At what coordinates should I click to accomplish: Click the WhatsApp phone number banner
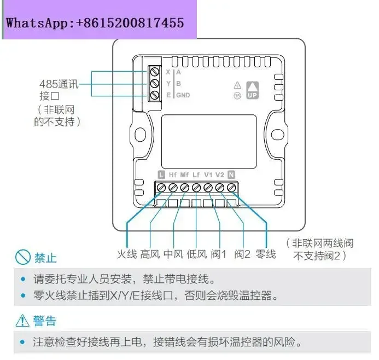coord(96,23)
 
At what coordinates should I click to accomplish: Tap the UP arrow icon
coord(252,89)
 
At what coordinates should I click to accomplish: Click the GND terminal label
coord(183,95)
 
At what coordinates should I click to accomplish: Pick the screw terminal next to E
coord(154,95)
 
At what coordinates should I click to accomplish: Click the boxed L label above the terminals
coord(161,175)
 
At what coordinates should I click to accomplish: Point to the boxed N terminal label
coord(231,175)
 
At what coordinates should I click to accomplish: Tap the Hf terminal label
coord(172,175)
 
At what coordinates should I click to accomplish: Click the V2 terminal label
coord(219,175)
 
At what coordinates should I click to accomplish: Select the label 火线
coord(126,254)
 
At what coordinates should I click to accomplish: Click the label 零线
coord(266,254)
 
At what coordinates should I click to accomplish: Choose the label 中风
coord(174,254)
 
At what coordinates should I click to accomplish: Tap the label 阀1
coord(219,254)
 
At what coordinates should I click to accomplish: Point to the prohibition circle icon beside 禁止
coord(22,257)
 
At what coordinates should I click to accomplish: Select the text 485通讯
coord(59,85)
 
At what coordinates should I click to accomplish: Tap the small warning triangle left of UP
coord(237,85)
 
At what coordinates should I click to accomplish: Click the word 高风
coord(150,254)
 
